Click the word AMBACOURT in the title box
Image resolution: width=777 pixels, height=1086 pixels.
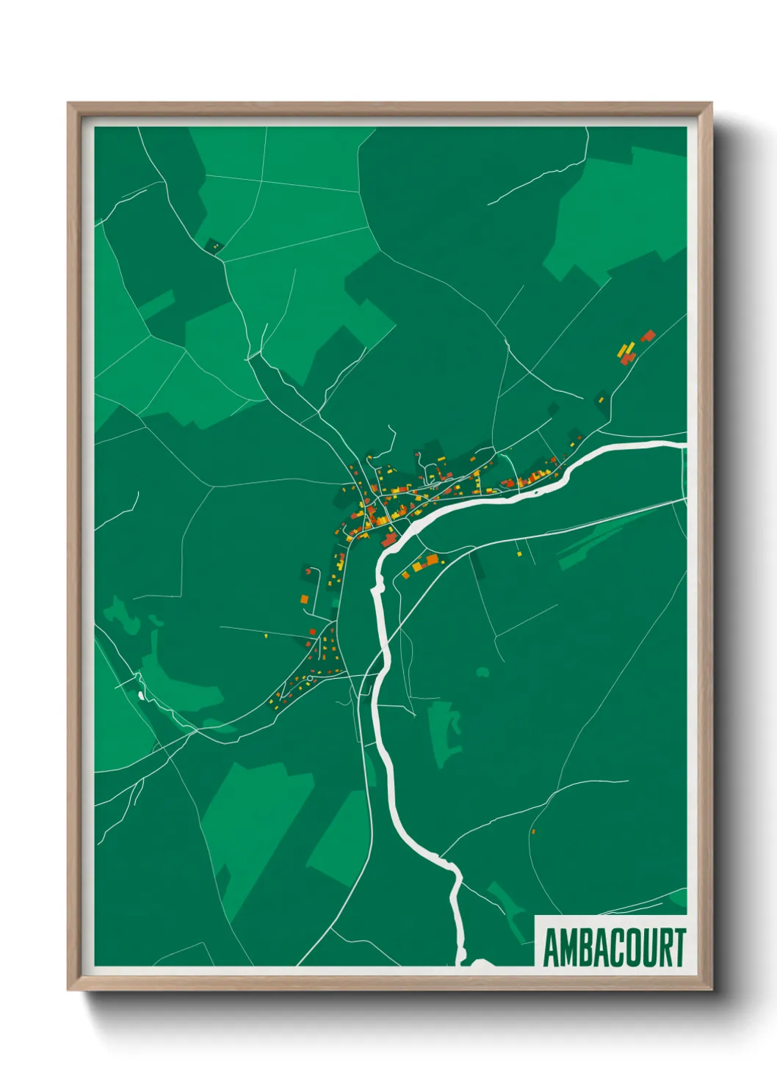point(614,947)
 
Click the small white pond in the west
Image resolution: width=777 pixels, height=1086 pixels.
point(140,693)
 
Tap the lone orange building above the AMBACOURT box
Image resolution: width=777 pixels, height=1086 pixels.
point(533,831)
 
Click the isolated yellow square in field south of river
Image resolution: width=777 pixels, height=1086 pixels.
point(518,553)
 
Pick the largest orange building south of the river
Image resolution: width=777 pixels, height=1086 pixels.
point(416,566)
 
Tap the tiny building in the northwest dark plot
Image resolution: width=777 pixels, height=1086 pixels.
point(215,247)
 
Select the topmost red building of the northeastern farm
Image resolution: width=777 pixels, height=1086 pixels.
point(648,335)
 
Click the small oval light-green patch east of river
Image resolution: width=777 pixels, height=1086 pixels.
point(483,671)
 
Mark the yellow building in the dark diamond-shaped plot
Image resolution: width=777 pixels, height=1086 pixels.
point(601,400)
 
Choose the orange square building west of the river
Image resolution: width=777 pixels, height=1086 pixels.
point(304,600)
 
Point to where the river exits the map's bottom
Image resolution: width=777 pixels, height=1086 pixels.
point(463,958)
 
